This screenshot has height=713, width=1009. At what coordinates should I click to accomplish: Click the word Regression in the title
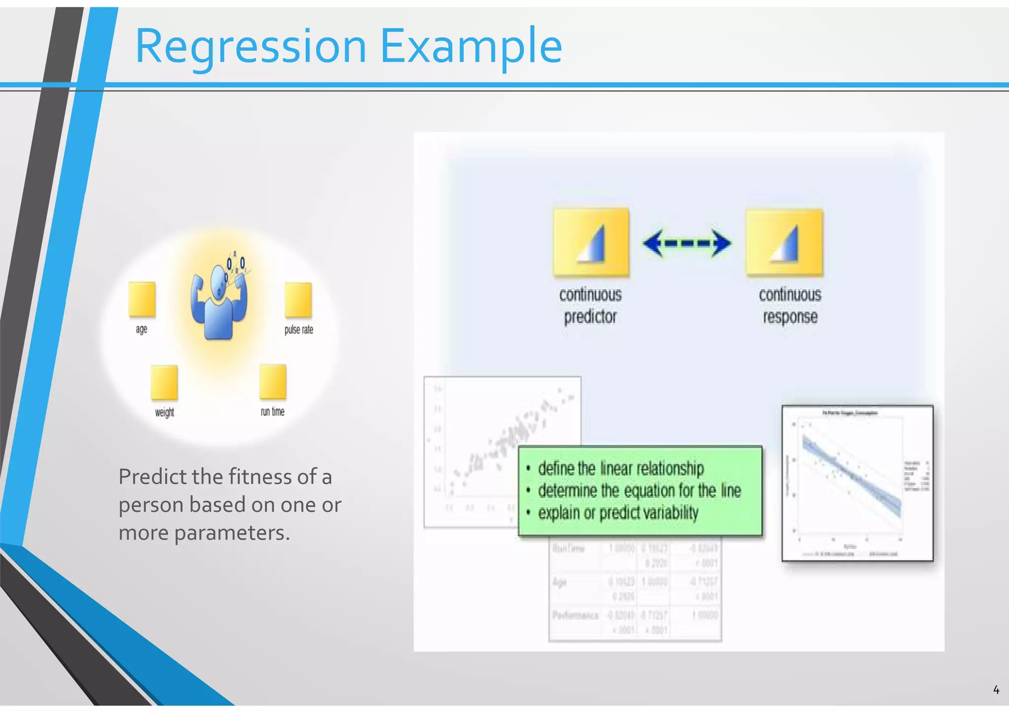click(250, 47)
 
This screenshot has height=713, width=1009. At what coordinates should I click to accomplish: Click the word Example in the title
click(471, 47)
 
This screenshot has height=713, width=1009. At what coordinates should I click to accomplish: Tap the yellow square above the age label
click(142, 299)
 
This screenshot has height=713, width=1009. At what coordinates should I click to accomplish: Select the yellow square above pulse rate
click(298, 300)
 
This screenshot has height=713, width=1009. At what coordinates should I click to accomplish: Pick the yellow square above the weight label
click(164, 382)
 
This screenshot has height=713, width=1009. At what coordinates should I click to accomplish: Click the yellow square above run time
click(272, 381)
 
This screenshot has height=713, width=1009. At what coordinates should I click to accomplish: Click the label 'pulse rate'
click(299, 330)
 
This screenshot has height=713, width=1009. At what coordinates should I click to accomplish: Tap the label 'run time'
click(272, 411)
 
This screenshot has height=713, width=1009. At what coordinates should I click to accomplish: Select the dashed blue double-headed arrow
click(687, 243)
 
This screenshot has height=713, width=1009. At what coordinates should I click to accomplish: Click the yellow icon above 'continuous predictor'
click(591, 241)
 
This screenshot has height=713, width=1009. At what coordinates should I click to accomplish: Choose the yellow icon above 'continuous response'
click(784, 242)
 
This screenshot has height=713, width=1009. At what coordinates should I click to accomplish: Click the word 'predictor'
click(590, 316)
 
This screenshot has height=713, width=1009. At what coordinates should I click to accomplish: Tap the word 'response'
click(790, 316)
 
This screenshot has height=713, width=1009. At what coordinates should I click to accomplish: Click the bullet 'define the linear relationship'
click(621, 468)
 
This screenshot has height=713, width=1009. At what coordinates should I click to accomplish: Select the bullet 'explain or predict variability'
click(618, 513)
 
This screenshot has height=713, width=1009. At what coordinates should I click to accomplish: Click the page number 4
click(996, 690)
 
